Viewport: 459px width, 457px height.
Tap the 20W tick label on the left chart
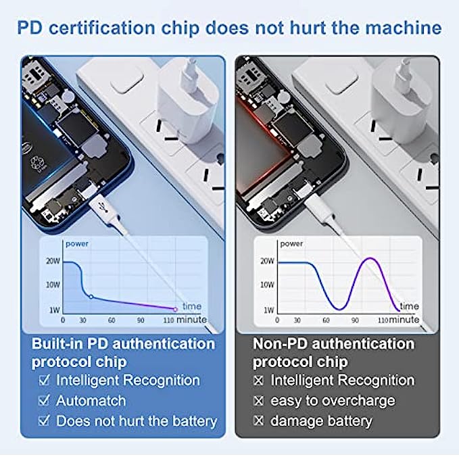click(53, 261)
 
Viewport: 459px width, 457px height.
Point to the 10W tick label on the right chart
click(267, 285)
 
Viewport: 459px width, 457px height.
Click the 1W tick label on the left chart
click(55, 310)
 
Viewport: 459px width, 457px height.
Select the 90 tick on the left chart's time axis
click(141, 320)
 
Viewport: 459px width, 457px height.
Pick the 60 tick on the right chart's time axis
click(326, 320)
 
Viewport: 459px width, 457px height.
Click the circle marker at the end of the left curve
click(175, 309)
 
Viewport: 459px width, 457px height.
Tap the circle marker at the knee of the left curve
click(91, 297)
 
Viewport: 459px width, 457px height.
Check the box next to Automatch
click(44, 400)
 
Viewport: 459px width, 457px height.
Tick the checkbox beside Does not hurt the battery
click(44, 420)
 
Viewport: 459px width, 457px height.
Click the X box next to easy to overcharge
click(258, 400)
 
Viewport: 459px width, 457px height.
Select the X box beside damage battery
click(258, 420)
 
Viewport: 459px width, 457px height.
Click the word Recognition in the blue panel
click(162, 381)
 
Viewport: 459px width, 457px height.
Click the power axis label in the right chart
click(291, 244)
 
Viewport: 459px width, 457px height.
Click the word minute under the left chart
click(191, 319)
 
